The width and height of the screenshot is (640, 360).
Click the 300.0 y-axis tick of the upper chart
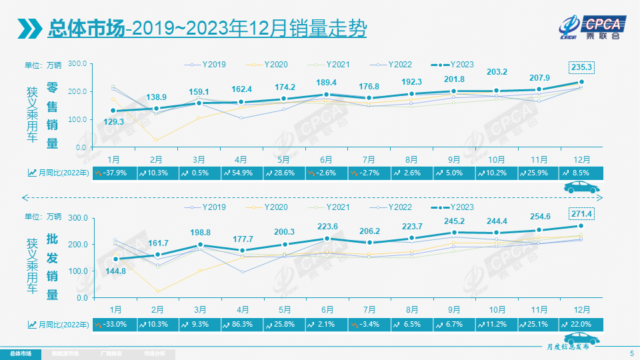click(x=78, y=63)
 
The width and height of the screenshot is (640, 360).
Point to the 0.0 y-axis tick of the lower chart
click(x=82, y=298)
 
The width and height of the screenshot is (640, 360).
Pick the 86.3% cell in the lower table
click(x=241, y=324)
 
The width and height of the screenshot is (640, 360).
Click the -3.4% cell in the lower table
click(x=369, y=324)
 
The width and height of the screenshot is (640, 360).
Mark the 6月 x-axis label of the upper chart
click(x=327, y=159)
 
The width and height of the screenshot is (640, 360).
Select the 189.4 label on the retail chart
click(x=326, y=82)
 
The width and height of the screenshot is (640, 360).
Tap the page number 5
click(x=631, y=353)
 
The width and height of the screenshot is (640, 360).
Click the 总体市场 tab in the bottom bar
click(x=20, y=353)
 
